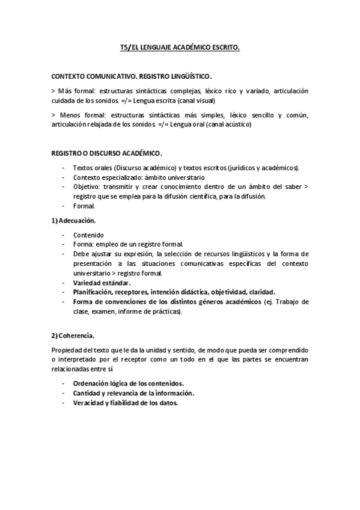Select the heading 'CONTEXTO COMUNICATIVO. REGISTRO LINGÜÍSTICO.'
pyautogui.click(x=132, y=78)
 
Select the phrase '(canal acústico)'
pyautogui.click(x=229, y=124)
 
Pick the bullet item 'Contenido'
pyautogui.click(x=88, y=235)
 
